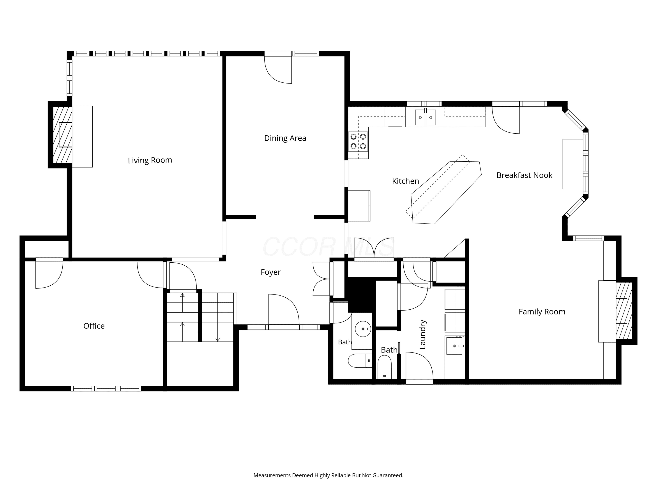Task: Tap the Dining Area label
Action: (x=285, y=138)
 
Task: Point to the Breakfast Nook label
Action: (x=524, y=175)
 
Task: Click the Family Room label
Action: (x=542, y=312)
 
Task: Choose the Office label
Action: (x=94, y=326)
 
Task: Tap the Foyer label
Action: (x=271, y=272)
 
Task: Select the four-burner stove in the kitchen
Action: (x=358, y=141)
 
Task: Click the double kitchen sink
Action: (x=425, y=117)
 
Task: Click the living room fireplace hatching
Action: (x=62, y=135)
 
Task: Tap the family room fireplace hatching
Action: (x=624, y=311)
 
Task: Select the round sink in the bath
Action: (x=363, y=329)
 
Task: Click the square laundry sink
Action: (x=454, y=346)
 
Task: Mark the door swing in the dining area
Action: (x=278, y=70)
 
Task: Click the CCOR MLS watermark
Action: (x=328, y=247)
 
